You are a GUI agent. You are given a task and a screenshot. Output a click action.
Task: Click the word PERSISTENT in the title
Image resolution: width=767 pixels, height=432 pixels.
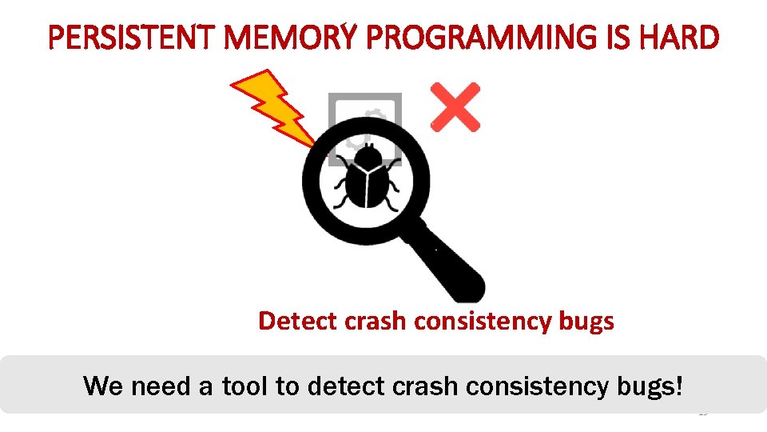123,37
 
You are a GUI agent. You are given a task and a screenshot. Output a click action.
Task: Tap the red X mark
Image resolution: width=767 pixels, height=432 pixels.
455,106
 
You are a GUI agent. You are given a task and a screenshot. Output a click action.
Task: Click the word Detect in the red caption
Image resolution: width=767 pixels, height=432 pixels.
298,321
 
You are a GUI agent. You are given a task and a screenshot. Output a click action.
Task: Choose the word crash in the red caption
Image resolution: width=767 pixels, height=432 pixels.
374,321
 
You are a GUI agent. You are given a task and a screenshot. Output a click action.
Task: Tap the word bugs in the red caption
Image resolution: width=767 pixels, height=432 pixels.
587,321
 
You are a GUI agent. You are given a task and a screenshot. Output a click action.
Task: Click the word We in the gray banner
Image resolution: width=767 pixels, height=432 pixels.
102,386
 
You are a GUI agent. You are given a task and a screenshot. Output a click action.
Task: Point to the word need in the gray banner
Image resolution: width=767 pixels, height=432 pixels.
159,386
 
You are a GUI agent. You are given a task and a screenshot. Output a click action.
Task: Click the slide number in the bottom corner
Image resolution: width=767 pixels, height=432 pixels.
703,414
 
